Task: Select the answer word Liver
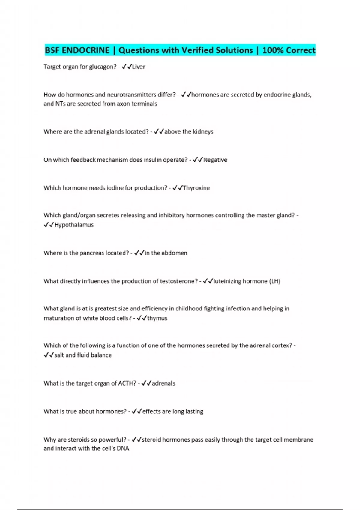pyautogui.click(x=139, y=67)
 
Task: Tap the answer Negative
pyautogui.click(x=215, y=160)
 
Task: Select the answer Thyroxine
pyautogui.click(x=196, y=188)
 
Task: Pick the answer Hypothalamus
pyautogui.click(x=74, y=225)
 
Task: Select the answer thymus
pyautogui.click(x=157, y=318)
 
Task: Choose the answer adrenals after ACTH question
pyautogui.click(x=163, y=383)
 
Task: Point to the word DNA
pyautogui.click(x=123, y=448)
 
